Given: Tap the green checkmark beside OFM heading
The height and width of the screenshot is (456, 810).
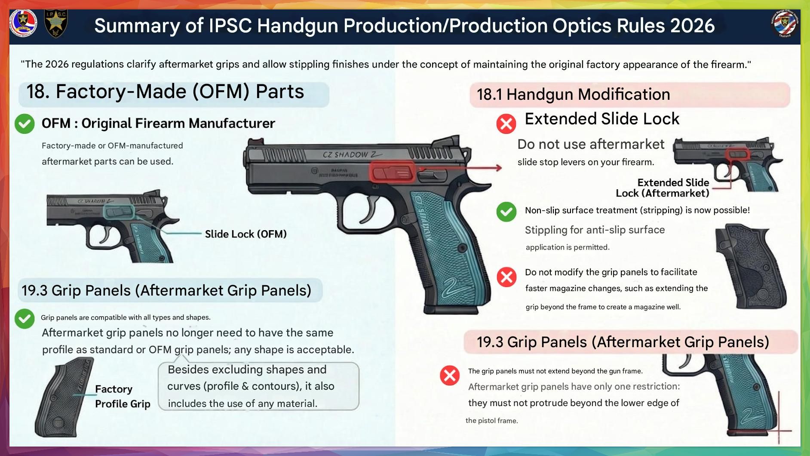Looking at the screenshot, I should point(25,124).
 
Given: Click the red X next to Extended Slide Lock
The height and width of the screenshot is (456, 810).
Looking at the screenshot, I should point(506,124).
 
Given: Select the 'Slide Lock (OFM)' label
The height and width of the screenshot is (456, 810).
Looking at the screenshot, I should point(245,234).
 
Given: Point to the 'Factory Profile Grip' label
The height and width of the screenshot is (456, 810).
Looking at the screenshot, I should point(123,396).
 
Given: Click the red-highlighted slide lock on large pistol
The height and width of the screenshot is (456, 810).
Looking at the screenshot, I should point(392,173).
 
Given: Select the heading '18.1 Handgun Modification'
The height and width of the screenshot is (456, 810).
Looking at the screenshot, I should point(573,94).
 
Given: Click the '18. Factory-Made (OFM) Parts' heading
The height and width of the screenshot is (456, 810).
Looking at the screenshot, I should point(165,92).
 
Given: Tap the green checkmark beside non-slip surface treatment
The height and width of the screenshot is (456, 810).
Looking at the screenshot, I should point(506,212).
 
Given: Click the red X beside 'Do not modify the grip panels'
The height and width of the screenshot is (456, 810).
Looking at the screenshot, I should point(506,277).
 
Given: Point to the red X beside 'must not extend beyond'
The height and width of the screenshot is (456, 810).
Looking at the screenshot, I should point(450,375).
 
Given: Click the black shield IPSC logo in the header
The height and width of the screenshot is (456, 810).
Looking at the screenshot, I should point(56,23).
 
